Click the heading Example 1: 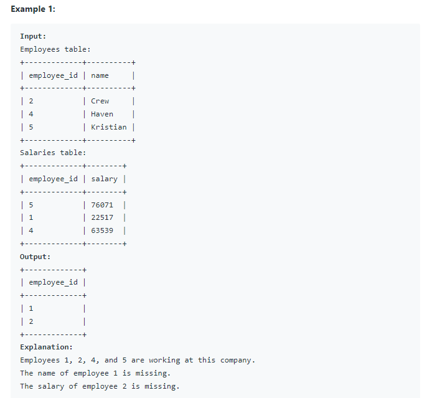tap(33, 9)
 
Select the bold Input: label tap(33, 36)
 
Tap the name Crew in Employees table tap(100, 101)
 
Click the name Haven tap(102, 114)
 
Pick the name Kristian tap(109, 127)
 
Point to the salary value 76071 tap(102, 205)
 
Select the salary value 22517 tap(102, 217)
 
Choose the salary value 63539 tap(102, 230)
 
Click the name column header tap(100, 75)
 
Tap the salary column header tap(104, 179)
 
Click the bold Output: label tap(35, 257)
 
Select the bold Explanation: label tap(46, 347)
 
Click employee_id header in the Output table tap(54, 282)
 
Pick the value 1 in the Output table tap(31, 308)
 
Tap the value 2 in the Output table tap(31, 321)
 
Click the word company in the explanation tap(238, 360)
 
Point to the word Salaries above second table tap(37, 153)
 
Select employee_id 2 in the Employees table tap(31, 101)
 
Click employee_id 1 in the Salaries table tap(31, 217)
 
